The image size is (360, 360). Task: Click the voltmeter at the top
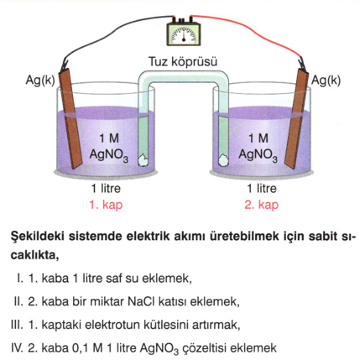click(x=184, y=32)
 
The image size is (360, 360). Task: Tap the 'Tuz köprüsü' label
click(x=183, y=61)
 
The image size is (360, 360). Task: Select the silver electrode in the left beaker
click(x=70, y=118)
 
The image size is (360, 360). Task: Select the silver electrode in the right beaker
click(x=296, y=118)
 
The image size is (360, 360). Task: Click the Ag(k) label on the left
click(x=40, y=81)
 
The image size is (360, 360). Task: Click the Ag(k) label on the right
click(x=326, y=81)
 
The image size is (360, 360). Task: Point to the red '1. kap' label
click(x=106, y=205)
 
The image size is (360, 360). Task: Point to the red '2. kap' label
click(x=262, y=205)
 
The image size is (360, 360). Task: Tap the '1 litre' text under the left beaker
click(x=106, y=189)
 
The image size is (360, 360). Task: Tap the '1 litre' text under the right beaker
click(x=262, y=189)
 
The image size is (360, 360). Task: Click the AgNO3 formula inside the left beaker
click(x=109, y=154)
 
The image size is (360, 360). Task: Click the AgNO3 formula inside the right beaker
click(x=258, y=154)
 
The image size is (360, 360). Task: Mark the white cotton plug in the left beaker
click(x=143, y=160)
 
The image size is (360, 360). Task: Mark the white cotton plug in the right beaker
click(x=223, y=160)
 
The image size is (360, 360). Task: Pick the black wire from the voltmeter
click(x=112, y=26)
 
